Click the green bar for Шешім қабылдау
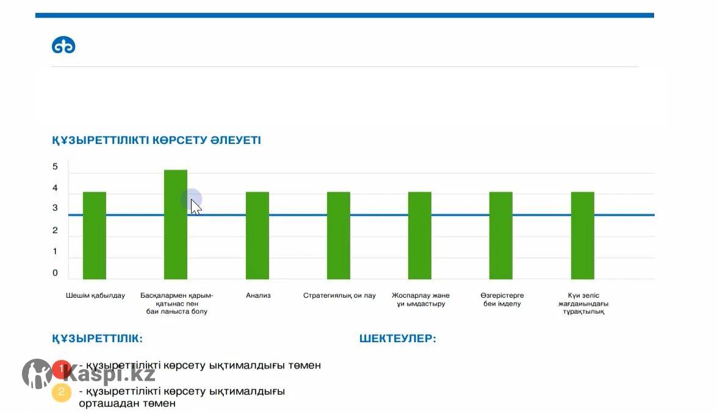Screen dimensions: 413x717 pos(95,235)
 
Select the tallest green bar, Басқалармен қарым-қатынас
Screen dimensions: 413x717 pos(176,224)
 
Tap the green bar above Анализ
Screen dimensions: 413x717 pos(258,235)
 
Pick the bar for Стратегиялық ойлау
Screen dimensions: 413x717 pos(339,235)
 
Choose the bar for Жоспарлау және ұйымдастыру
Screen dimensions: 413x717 pos(420,235)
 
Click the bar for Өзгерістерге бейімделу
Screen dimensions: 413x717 pos(501,235)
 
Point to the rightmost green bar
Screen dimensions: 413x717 pos(583,235)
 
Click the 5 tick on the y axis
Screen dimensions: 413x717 pos(55,167)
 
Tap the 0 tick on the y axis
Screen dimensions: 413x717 pos(55,273)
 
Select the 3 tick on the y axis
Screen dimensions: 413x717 pos(55,208)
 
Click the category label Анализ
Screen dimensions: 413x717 pos(258,296)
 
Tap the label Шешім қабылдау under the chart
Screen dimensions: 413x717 pos(95,296)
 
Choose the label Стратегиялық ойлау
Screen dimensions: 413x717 pos(339,296)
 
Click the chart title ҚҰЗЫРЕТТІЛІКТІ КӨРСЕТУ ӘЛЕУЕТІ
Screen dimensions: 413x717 pos(156,140)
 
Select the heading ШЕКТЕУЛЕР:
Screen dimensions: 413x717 pos(398,339)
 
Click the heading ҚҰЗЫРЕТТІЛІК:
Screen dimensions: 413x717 pos(98,339)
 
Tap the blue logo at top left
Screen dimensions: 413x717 pos(63,46)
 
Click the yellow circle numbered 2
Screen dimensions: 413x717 pos(62,392)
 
